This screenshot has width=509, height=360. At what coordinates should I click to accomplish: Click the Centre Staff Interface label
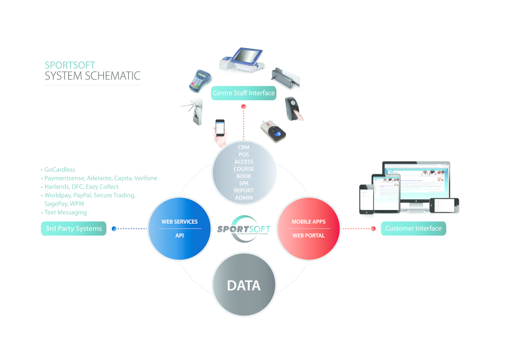click(243, 93)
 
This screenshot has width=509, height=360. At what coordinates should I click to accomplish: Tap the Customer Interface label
click(413, 229)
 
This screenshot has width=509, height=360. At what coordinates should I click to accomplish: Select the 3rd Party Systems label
click(74, 229)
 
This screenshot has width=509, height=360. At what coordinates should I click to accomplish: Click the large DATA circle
click(244, 285)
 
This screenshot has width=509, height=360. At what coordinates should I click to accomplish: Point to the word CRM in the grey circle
click(244, 147)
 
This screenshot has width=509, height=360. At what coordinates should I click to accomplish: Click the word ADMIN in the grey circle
click(244, 198)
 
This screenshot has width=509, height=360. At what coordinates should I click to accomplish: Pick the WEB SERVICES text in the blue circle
click(179, 222)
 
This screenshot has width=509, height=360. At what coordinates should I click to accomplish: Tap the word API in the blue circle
click(179, 235)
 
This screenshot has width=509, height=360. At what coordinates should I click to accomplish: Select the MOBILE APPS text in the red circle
click(309, 222)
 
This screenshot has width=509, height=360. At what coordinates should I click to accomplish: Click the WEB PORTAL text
click(309, 235)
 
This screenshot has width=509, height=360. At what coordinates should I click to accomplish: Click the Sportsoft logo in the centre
click(244, 229)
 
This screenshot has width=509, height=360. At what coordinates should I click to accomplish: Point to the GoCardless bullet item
click(59, 170)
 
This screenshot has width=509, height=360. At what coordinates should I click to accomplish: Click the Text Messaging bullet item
click(65, 212)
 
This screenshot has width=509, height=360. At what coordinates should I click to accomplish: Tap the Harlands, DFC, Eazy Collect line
click(81, 187)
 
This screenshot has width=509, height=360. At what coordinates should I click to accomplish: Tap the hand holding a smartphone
click(219, 130)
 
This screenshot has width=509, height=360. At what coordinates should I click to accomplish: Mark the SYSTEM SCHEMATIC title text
click(92, 76)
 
